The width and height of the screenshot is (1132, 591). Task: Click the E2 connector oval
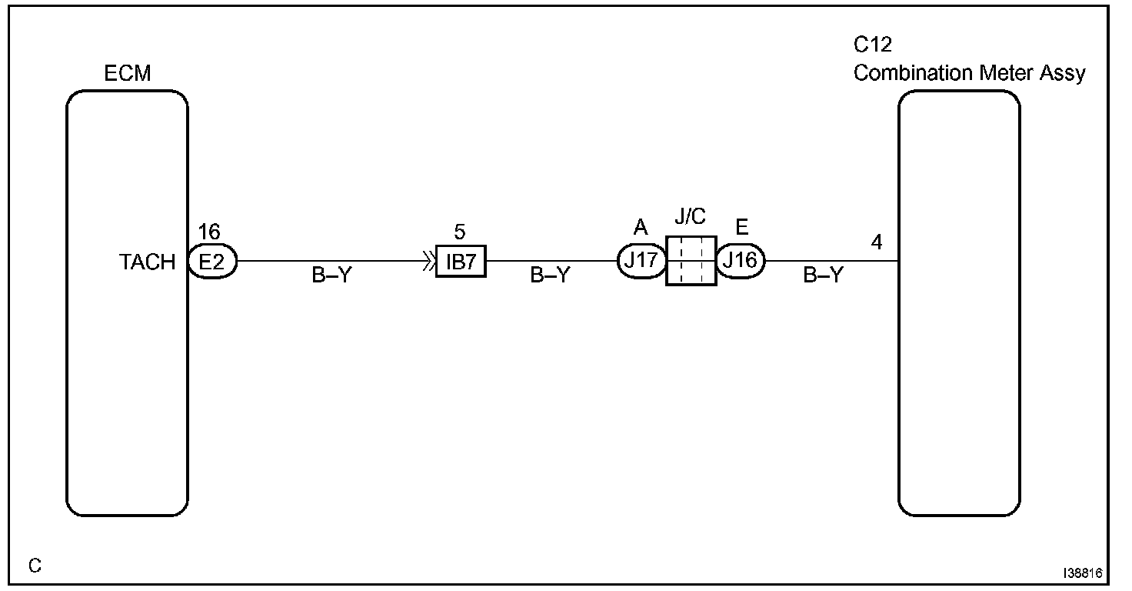(212, 262)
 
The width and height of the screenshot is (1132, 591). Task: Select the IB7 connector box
(461, 262)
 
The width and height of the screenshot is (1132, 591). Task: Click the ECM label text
(128, 74)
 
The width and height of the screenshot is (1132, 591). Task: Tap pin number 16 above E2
(208, 232)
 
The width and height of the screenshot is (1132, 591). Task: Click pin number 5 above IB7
(460, 232)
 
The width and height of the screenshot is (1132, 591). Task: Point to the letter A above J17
(641, 229)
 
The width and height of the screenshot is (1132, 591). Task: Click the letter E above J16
(742, 229)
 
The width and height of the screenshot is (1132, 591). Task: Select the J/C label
(690, 217)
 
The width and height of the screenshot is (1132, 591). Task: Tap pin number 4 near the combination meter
(877, 242)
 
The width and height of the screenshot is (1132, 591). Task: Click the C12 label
(873, 45)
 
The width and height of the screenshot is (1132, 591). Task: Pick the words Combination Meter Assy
(969, 73)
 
